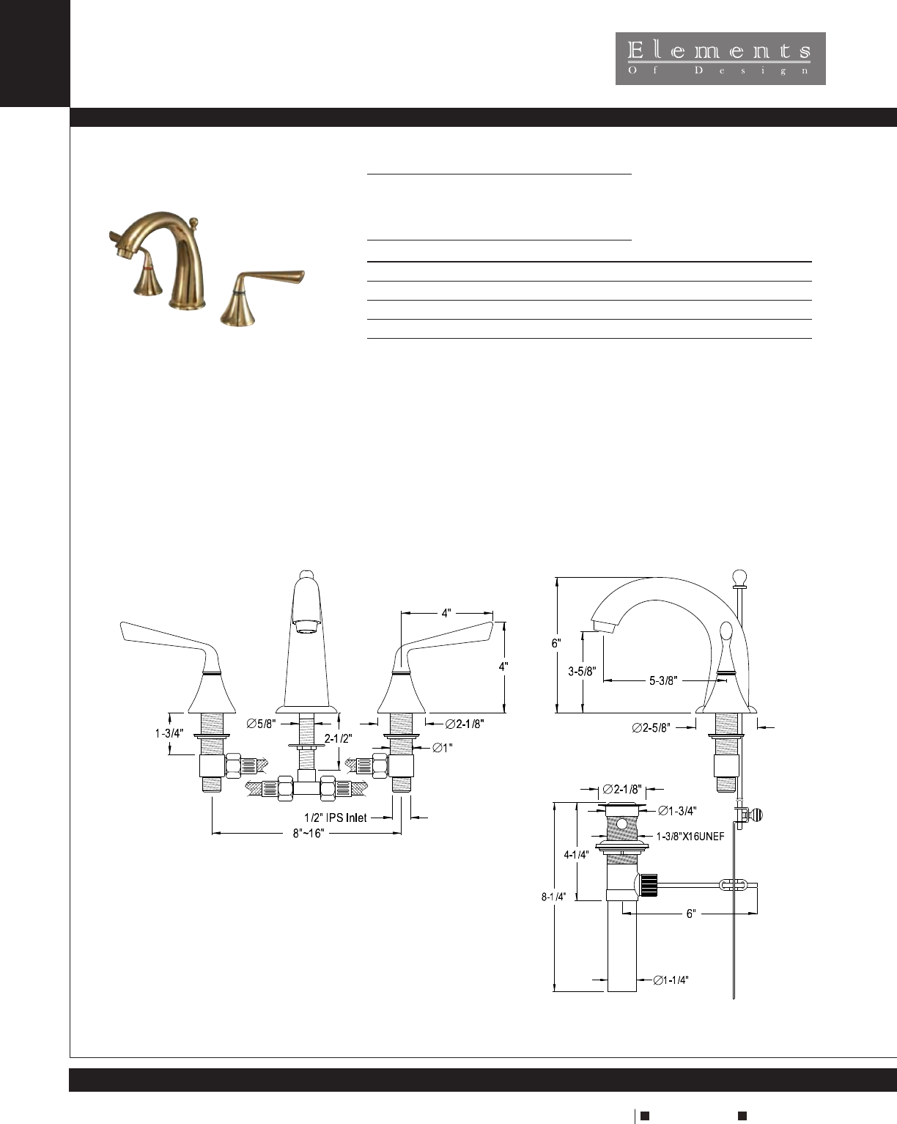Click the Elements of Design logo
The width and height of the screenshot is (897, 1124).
(720, 59)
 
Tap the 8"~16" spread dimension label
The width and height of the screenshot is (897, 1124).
(309, 833)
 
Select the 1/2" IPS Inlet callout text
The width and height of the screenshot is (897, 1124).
(335, 818)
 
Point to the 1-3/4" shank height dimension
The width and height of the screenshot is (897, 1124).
(169, 733)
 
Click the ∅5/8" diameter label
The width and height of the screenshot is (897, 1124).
(261, 724)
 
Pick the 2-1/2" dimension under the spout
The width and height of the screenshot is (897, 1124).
(339, 738)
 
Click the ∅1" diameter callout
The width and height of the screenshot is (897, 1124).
(443, 748)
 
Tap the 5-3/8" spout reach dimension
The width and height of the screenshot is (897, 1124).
(663, 680)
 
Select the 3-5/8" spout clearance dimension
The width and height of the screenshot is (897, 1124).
(582, 672)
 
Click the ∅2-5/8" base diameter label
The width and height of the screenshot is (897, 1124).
(651, 727)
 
